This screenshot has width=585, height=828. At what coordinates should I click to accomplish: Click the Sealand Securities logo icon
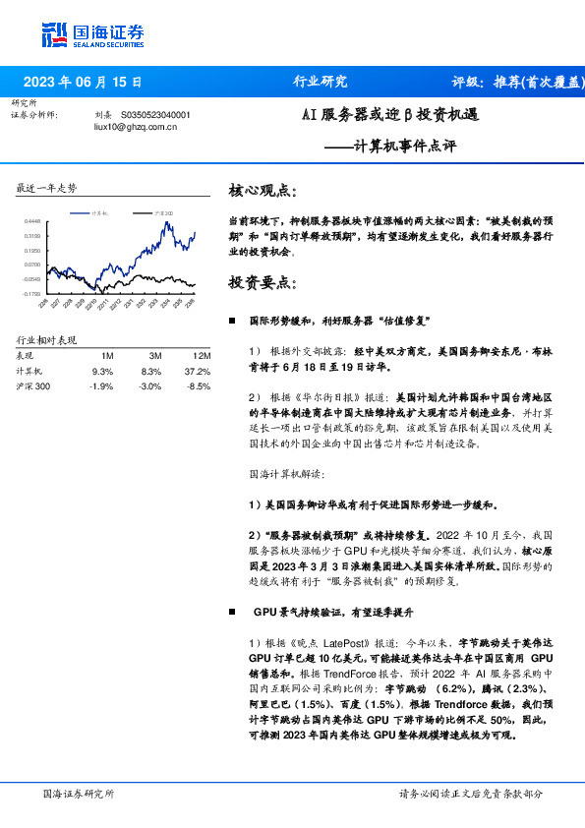coord(55,33)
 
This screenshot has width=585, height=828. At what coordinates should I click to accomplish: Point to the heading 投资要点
coord(261,283)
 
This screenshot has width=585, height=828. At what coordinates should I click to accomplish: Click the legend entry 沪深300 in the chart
coord(163,212)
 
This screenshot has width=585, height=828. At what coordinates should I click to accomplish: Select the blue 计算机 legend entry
coord(96,212)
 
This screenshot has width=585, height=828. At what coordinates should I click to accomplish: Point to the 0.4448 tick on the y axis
coord(32,223)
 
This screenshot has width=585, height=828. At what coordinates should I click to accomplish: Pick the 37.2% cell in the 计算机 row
coord(198,372)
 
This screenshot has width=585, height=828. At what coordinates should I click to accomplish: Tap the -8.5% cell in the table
coord(199,386)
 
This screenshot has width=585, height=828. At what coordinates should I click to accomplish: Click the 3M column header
coord(154,356)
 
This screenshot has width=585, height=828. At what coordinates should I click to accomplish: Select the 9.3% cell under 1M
coord(102,372)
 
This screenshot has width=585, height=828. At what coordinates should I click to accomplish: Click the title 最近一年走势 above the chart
coord(47,187)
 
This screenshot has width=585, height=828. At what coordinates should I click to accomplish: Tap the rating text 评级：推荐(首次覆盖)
coord(511,83)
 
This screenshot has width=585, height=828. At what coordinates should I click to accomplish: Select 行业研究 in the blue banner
coord(320,83)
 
